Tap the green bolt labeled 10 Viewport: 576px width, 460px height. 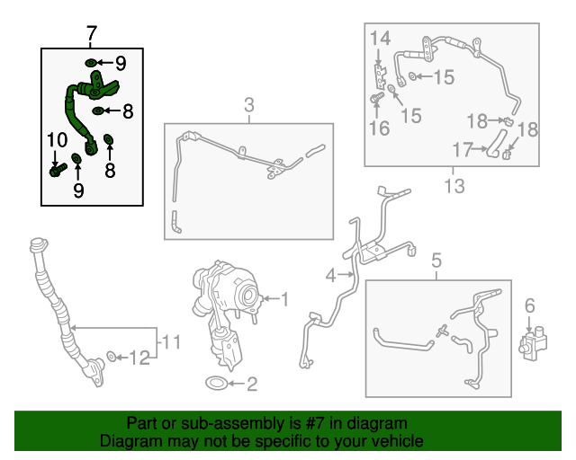click(58, 170)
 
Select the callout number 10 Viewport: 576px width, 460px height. click(58, 140)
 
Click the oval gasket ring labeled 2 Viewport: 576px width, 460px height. click(217, 384)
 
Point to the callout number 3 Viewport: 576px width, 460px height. click(249, 105)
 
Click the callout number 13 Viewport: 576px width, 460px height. click(454, 186)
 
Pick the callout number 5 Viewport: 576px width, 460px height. click(436, 261)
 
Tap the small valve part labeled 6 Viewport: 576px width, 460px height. click(533, 342)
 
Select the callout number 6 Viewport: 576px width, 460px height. click(530, 305)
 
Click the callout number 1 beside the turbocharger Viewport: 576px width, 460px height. click(284, 299)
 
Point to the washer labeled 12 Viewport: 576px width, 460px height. click(111, 356)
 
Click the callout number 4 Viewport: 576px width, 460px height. click(330, 275)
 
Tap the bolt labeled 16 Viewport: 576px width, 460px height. click(376, 98)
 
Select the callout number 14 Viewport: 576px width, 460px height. click(380, 38)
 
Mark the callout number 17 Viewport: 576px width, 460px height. click(462, 150)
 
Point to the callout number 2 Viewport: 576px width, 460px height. click(252, 384)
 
